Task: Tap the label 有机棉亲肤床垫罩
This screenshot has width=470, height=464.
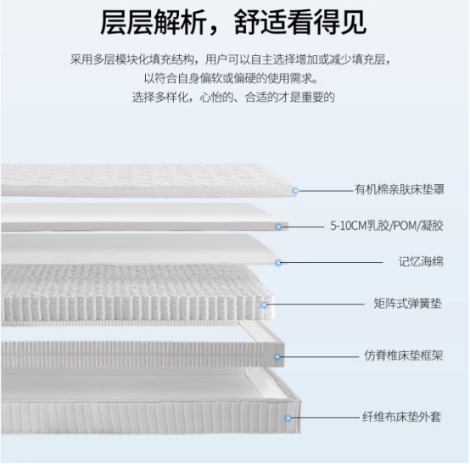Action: (400, 190)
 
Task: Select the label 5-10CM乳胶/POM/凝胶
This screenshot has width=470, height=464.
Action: (387, 226)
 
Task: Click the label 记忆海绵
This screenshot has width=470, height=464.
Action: (421, 261)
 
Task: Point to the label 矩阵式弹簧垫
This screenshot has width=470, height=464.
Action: (408, 304)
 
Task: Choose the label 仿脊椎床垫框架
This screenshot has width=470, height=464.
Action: (404, 355)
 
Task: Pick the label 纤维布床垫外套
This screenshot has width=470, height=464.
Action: (401, 417)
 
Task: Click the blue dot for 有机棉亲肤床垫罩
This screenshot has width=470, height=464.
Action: (295, 191)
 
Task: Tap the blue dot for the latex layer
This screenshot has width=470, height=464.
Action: (278, 226)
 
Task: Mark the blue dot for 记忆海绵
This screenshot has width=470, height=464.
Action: (278, 263)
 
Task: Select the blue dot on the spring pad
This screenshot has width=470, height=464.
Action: (264, 305)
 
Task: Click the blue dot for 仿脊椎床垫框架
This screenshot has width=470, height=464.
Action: (277, 357)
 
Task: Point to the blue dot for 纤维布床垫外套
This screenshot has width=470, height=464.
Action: (288, 418)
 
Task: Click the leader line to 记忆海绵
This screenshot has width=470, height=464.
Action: (332, 263)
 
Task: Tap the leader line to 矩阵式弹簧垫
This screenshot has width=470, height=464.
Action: (316, 305)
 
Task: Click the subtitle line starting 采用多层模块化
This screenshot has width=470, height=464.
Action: (231, 59)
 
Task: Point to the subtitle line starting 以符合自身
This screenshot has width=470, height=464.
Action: (231, 78)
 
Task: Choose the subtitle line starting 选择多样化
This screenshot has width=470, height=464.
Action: (233, 97)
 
